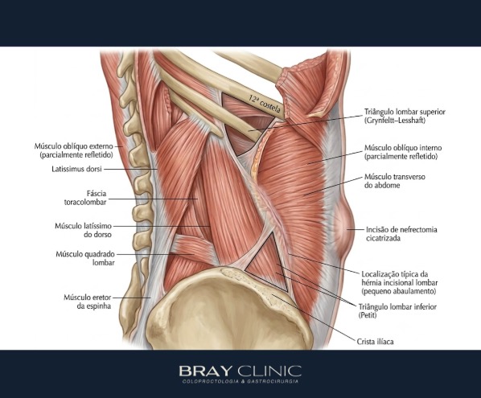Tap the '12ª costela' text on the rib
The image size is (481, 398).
pyautogui.click(x=265, y=104)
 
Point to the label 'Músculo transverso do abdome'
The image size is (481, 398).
pyautogui.click(x=394, y=181)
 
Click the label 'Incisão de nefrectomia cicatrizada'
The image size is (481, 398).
pyautogui.click(x=401, y=234)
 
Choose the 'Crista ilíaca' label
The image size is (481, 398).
pyautogui.click(x=375, y=341)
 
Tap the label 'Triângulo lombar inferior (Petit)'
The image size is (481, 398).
pyautogui.click(x=397, y=310)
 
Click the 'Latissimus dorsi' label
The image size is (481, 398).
pyautogui.click(x=76, y=169)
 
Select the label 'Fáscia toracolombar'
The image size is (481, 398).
pyautogui.click(x=85, y=198)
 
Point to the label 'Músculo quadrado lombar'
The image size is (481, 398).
pyautogui.click(x=85, y=258)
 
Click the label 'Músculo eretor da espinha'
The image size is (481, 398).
pyautogui.click(x=88, y=302)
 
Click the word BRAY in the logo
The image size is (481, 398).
pyautogui.click(x=205, y=371)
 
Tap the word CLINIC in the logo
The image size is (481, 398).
pyautogui.click(x=269, y=371)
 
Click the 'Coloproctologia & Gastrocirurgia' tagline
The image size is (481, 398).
pyautogui.click(x=240, y=381)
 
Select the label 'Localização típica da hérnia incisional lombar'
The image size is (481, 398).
pyautogui.click(x=399, y=282)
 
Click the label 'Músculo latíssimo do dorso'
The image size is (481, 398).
pyautogui.click(x=83, y=230)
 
